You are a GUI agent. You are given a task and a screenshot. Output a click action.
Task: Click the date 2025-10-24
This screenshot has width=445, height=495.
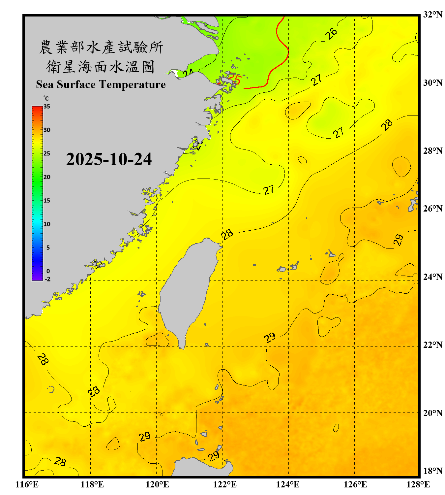(x=109, y=159)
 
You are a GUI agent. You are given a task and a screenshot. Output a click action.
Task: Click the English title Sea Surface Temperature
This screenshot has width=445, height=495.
(x=101, y=84)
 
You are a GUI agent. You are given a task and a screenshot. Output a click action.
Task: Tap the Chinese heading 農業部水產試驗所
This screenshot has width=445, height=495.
(x=101, y=47)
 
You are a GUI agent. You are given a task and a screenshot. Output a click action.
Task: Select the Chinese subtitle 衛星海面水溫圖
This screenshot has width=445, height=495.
(x=101, y=67)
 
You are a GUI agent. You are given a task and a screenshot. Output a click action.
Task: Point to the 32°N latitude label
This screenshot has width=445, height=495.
(x=432, y=15)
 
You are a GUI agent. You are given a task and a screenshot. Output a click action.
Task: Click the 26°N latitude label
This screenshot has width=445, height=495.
(x=432, y=209)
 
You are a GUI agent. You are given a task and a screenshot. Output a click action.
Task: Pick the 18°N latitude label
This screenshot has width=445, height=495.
(x=432, y=471)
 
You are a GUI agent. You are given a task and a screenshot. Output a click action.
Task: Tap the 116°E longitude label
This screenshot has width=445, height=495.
(x=27, y=484)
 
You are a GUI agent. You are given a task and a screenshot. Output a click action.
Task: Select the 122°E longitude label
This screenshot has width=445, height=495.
(x=225, y=484)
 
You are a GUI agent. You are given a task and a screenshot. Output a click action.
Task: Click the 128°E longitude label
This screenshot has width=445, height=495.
(x=418, y=484)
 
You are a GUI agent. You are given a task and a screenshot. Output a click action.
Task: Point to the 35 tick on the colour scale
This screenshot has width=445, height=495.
(x=47, y=107)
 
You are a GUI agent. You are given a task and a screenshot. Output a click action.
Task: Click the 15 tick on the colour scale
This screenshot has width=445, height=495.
(x=47, y=201)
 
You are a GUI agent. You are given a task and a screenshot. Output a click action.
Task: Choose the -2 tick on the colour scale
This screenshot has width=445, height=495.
(x=47, y=279)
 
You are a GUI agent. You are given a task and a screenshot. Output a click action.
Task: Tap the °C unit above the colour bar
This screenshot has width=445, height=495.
(x=46, y=98)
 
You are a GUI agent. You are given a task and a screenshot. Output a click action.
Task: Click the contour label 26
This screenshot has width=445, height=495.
(x=331, y=33)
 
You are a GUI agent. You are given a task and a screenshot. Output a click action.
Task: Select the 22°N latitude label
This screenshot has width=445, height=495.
(x=432, y=345)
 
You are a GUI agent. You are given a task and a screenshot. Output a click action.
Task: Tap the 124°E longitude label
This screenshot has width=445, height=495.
(x=288, y=484)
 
